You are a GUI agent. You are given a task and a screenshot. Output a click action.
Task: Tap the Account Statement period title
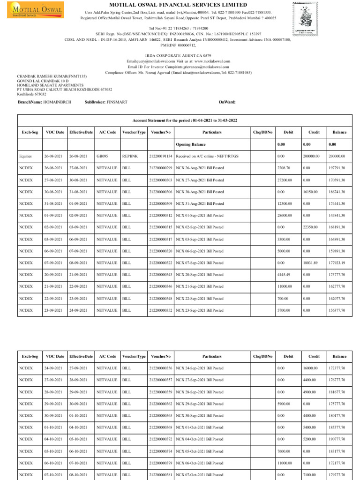[x=185, y=120]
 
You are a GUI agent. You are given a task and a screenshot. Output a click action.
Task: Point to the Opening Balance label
[x=190, y=144]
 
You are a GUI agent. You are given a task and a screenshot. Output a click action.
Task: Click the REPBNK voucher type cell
[x=130, y=156]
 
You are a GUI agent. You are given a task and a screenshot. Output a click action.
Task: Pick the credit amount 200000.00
[x=311, y=156]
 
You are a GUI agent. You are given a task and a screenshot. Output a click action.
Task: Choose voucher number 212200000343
[x=161, y=275]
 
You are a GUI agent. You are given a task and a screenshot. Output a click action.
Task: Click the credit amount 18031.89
[x=309, y=263]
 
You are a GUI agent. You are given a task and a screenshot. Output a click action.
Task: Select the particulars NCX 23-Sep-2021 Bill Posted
[x=199, y=310]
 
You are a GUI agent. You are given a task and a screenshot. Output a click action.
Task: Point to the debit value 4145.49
[x=284, y=275]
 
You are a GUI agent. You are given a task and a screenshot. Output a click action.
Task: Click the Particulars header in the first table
[x=212, y=132]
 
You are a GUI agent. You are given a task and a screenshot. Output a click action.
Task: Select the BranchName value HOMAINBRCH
[x=57, y=102]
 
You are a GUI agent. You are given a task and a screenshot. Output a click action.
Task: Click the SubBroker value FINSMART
[x=117, y=102]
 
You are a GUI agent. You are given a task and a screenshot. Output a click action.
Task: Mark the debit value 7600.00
[x=284, y=451]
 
